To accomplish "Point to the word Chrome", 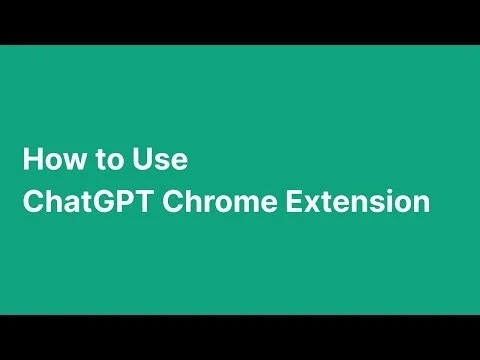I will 219,201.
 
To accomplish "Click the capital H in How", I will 32,159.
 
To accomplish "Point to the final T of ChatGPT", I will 142,201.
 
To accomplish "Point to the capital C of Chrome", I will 173,201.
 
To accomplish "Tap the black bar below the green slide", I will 240,337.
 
